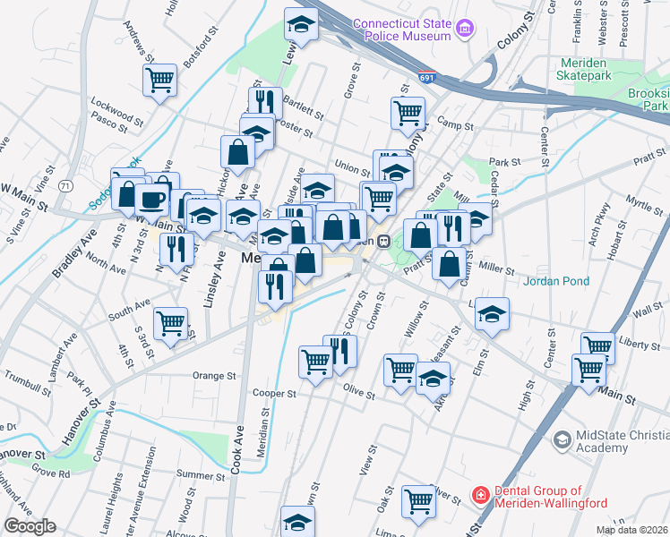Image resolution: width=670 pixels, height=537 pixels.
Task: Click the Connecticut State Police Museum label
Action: pos(401,30)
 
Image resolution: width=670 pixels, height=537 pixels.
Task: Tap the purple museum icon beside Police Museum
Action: pos(465,30)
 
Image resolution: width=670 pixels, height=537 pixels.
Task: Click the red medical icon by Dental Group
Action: pos(481,494)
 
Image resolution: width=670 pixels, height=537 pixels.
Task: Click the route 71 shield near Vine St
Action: pos(65,185)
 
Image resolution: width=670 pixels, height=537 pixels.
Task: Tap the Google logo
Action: pos(30,526)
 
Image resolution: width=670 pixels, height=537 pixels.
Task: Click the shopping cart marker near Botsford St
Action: pos(160,81)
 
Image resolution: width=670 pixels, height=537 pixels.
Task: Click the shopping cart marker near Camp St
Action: pos(408,114)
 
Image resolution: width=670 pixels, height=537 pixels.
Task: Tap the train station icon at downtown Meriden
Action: pos(382,241)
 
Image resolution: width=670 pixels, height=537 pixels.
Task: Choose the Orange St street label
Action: pos(214,377)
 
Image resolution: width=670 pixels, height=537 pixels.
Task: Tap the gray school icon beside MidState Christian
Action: pos(562,439)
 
